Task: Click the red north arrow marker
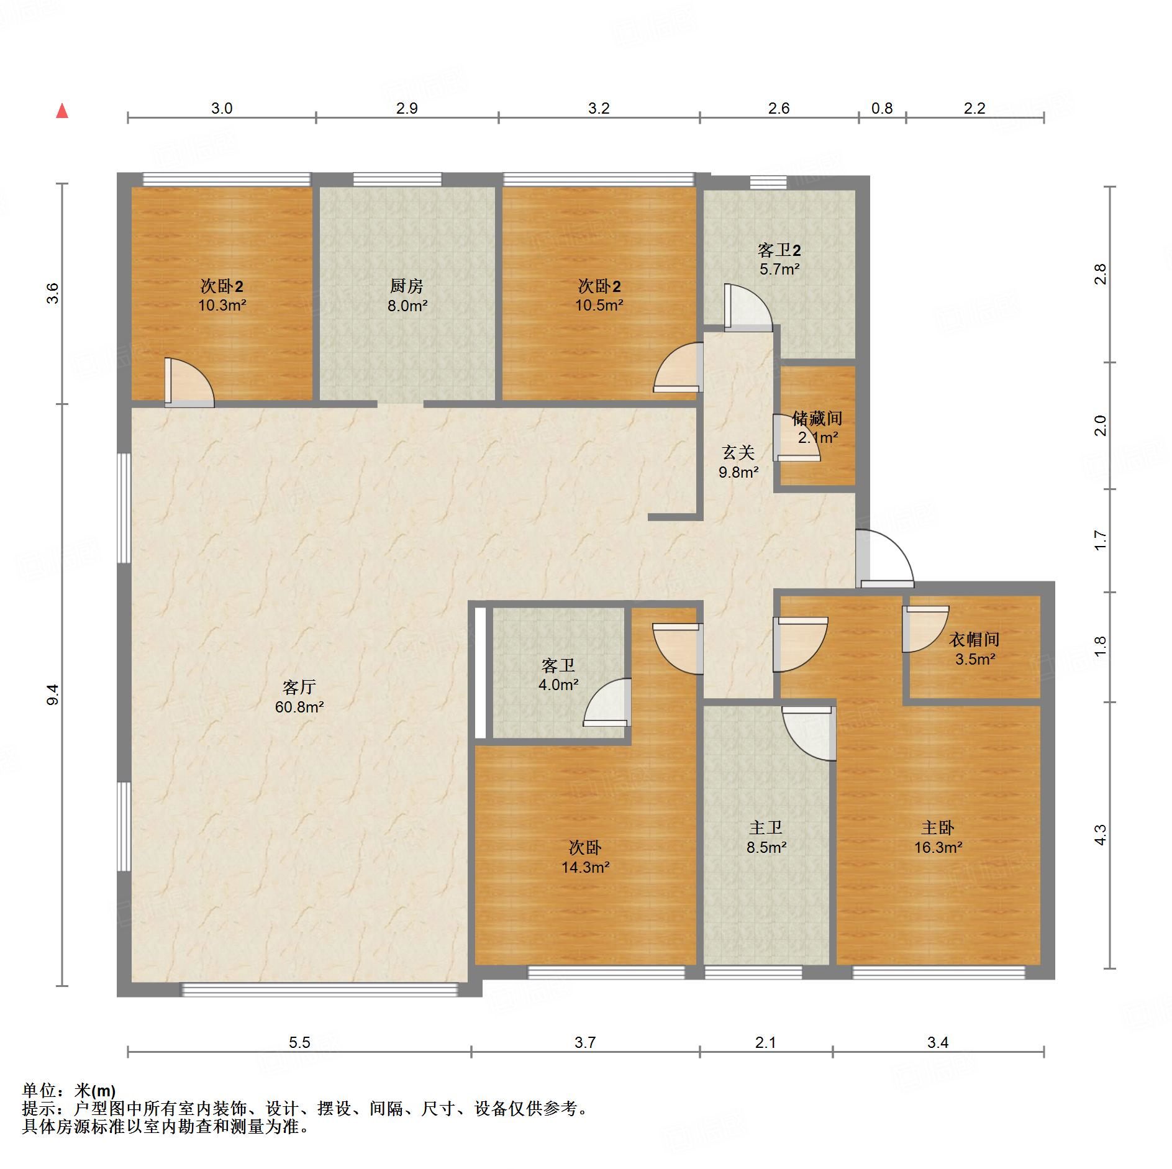click(x=62, y=111)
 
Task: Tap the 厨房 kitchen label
click(x=407, y=286)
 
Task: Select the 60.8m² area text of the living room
click(x=299, y=707)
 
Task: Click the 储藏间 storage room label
click(x=817, y=419)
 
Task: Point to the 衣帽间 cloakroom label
click(x=974, y=639)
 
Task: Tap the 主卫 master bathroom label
click(x=766, y=827)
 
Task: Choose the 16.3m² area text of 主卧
click(x=938, y=847)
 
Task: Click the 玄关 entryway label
click(x=738, y=452)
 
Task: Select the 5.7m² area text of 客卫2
click(x=779, y=270)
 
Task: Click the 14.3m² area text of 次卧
click(x=585, y=867)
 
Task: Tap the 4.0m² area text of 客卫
click(x=558, y=685)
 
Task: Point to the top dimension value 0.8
click(x=882, y=109)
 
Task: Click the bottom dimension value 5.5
click(x=299, y=1043)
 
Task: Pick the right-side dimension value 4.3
click(x=1100, y=835)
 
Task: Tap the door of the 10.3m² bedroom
click(x=189, y=383)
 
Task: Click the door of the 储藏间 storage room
click(x=796, y=437)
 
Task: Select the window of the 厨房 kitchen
click(x=397, y=180)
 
